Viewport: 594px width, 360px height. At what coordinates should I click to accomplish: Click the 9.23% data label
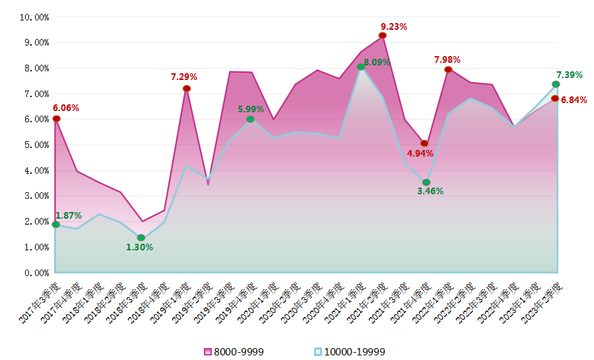393,27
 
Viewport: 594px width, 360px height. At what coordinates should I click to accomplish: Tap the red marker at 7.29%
187,89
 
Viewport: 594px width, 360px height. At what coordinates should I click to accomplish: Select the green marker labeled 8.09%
361,67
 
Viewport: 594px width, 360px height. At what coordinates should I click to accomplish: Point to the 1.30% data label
139,247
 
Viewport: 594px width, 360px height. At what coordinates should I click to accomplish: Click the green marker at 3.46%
426,182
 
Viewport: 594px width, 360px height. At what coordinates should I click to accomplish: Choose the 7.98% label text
447,59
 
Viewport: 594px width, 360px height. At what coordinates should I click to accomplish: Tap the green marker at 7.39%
556,85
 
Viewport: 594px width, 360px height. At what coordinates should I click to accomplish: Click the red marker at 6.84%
555,98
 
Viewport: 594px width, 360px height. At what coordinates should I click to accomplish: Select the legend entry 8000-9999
234,351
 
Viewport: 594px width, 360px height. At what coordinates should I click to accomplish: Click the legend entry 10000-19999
349,351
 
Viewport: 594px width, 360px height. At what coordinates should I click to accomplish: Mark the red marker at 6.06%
56,119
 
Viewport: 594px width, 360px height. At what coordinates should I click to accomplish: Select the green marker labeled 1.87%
55,225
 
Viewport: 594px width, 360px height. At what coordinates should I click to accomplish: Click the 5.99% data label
251,109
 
